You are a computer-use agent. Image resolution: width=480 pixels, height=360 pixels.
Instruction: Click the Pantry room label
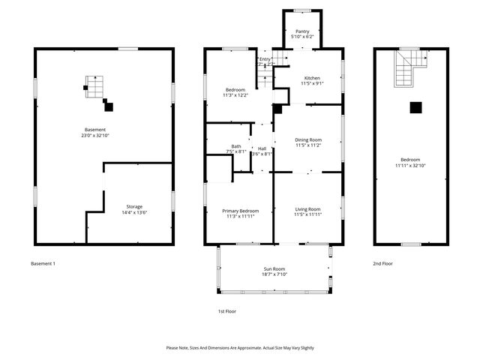coord(302,31)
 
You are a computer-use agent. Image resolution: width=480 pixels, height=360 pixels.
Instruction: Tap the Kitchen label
coord(312,78)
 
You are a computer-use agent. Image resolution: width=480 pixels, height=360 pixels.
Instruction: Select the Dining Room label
coord(307,139)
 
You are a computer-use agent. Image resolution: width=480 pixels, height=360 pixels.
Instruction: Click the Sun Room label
coord(274,268)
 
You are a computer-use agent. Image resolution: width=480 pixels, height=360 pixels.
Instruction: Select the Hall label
coord(262,148)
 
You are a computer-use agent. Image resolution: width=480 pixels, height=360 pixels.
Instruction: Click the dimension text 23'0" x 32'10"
coord(95,136)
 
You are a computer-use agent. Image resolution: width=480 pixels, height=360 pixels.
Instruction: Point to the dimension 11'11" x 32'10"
coord(410,166)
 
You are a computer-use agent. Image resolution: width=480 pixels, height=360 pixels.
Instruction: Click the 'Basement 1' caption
coord(43,264)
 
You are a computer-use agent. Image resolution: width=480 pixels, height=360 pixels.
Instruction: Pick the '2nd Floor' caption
coord(382,264)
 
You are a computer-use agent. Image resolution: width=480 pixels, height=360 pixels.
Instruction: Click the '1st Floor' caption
coord(227,310)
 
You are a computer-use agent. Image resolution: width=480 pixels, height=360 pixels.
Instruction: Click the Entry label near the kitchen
coord(265,59)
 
